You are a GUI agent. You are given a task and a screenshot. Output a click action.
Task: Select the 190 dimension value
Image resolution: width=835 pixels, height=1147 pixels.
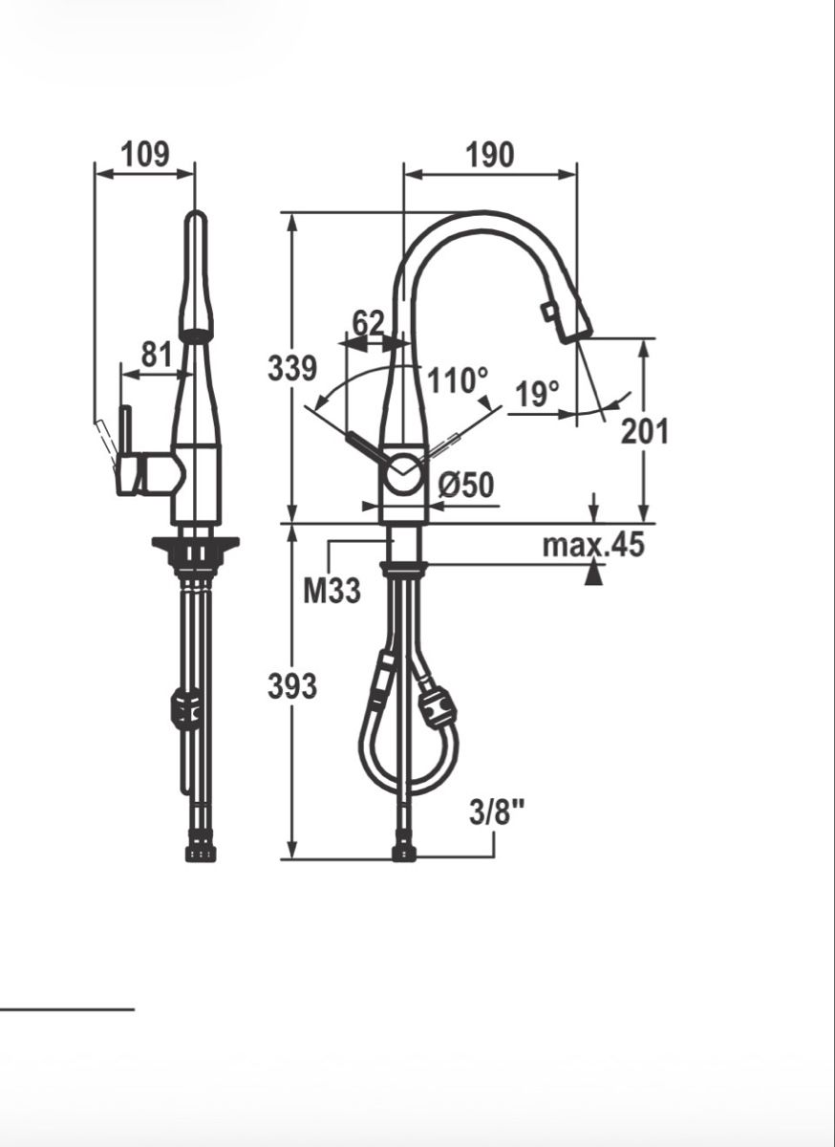pyautogui.click(x=490, y=155)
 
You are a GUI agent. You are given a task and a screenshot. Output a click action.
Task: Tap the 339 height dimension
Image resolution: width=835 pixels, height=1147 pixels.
pyautogui.click(x=292, y=368)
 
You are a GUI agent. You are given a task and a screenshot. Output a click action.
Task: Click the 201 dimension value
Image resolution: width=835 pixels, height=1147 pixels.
pyautogui.click(x=645, y=432)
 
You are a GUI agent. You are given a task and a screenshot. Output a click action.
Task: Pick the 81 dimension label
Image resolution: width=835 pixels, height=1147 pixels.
pyautogui.click(x=156, y=355)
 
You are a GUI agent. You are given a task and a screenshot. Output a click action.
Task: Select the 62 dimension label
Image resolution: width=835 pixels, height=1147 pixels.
pyautogui.click(x=368, y=323)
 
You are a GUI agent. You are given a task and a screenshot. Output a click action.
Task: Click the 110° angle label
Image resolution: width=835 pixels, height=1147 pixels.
pyautogui.click(x=458, y=380)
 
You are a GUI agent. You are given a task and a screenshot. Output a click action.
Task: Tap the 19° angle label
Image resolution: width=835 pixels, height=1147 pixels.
pyautogui.click(x=537, y=393)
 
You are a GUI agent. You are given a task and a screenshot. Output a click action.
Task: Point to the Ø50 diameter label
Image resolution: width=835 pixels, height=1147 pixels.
pyautogui.click(x=466, y=485)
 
